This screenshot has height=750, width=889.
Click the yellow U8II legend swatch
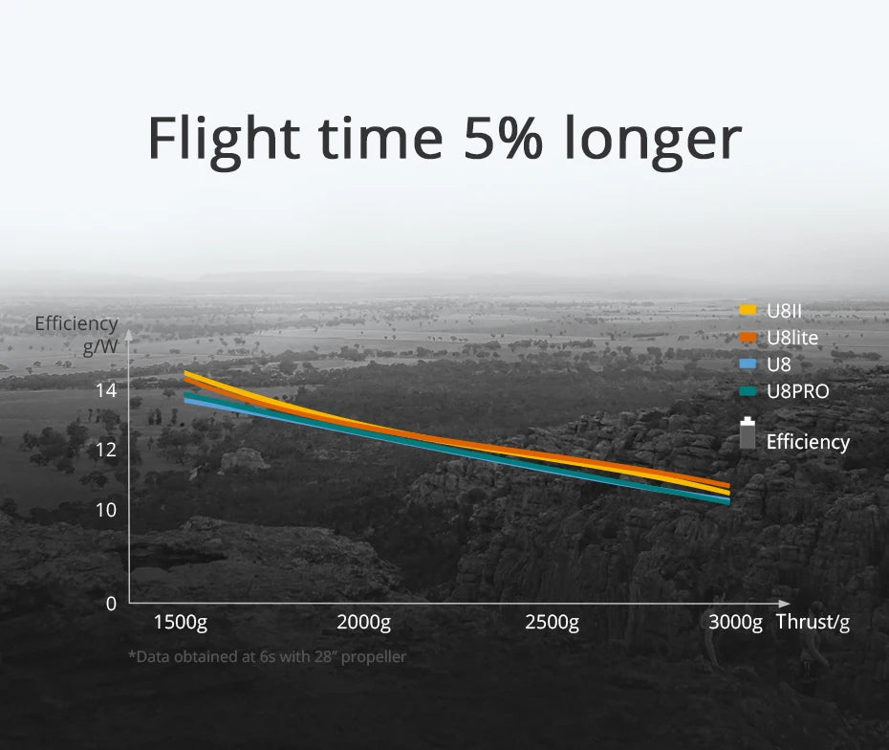[748, 310]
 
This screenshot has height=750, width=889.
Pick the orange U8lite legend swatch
[748, 337]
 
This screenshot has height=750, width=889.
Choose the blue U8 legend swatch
[748, 364]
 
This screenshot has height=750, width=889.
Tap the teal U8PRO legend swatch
[748, 391]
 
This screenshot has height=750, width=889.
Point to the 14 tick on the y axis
[105, 389]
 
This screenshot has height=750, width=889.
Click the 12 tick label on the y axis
[105, 449]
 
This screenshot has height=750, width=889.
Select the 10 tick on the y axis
[105, 509]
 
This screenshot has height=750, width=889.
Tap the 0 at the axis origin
[111, 604]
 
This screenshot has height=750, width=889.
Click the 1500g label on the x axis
[180, 623]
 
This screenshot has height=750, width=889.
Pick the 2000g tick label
[364, 623]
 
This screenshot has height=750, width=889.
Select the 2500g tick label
[552, 623]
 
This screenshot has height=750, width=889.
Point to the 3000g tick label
[736, 623]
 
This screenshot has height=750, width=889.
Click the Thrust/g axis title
[813, 623]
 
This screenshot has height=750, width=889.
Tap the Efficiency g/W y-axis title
[76, 335]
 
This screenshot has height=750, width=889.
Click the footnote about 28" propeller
[267, 657]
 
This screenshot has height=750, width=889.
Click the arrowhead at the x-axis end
[786, 604]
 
